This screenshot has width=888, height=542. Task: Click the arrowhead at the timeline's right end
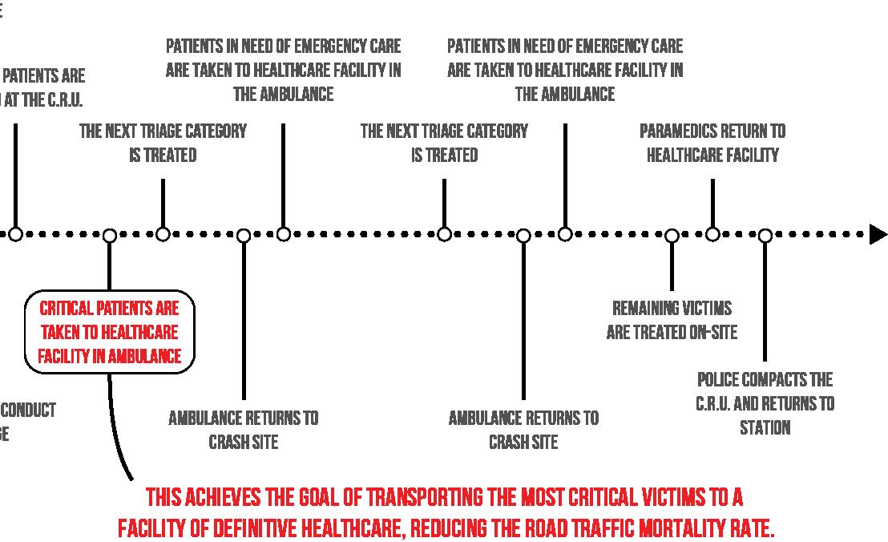(x=878, y=234)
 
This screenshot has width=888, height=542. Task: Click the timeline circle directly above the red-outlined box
(x=110, y=235)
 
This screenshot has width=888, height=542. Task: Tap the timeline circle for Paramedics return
(x=712, y=234)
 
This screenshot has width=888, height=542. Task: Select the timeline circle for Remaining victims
(x=672, y=235)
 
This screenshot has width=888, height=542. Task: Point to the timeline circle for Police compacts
(x=765, y=235)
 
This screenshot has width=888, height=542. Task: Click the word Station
(x=765, y=427)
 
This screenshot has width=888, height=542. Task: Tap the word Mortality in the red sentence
(x=691, y=529)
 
